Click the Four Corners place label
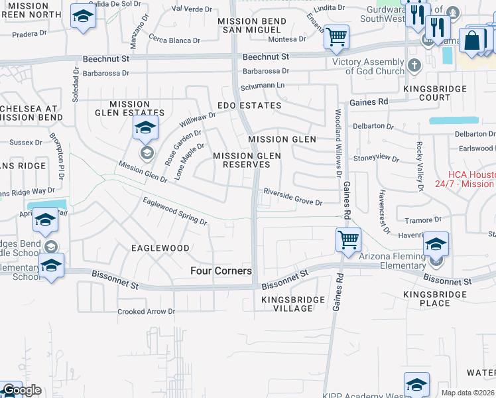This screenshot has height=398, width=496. [221, 271]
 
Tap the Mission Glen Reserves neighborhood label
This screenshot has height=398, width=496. [247, 160]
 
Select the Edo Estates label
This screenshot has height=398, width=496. [249, 105]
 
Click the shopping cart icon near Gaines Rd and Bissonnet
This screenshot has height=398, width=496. [348, 239]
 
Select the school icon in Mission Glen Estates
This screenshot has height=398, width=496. [145, 129]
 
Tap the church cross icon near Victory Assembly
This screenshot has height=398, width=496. [414, 65]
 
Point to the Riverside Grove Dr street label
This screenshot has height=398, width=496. [292, 197]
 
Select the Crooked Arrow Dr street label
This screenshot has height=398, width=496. [146, 311]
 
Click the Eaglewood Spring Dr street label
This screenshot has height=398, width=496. [175, 210]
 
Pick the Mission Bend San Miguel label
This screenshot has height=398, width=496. [252, 26]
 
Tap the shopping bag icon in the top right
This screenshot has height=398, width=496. [473, 40]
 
